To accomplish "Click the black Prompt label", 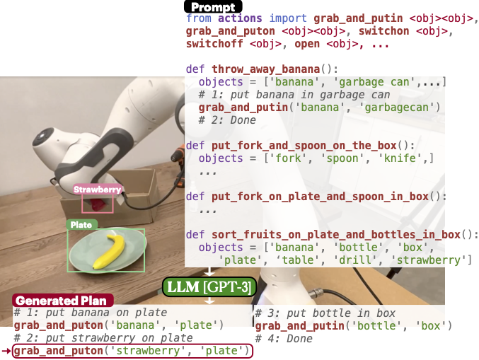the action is [x=213, y=6].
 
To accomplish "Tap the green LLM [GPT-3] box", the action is [x=209, y=287].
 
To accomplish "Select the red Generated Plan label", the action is [x=63, y=301].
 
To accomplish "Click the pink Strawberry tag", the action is [x=98, y=190].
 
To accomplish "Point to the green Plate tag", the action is [x=81, y=225].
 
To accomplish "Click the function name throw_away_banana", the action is [x=265, y=69].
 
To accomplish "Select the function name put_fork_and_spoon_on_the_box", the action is [x=304, y=146].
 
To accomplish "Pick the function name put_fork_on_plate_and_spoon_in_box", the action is [x=320, y=197].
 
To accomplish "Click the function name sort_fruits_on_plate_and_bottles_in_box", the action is [x=336, y=235].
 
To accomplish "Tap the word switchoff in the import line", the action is [x=214, y=44].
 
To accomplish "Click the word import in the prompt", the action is [x=288, y=18].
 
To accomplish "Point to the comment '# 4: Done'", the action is [x=284, y=338].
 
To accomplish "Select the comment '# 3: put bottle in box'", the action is [x=325, y=313].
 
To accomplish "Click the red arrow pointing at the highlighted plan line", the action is [x=6, y=351].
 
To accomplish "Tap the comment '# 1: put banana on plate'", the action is [x=91, y=313].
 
